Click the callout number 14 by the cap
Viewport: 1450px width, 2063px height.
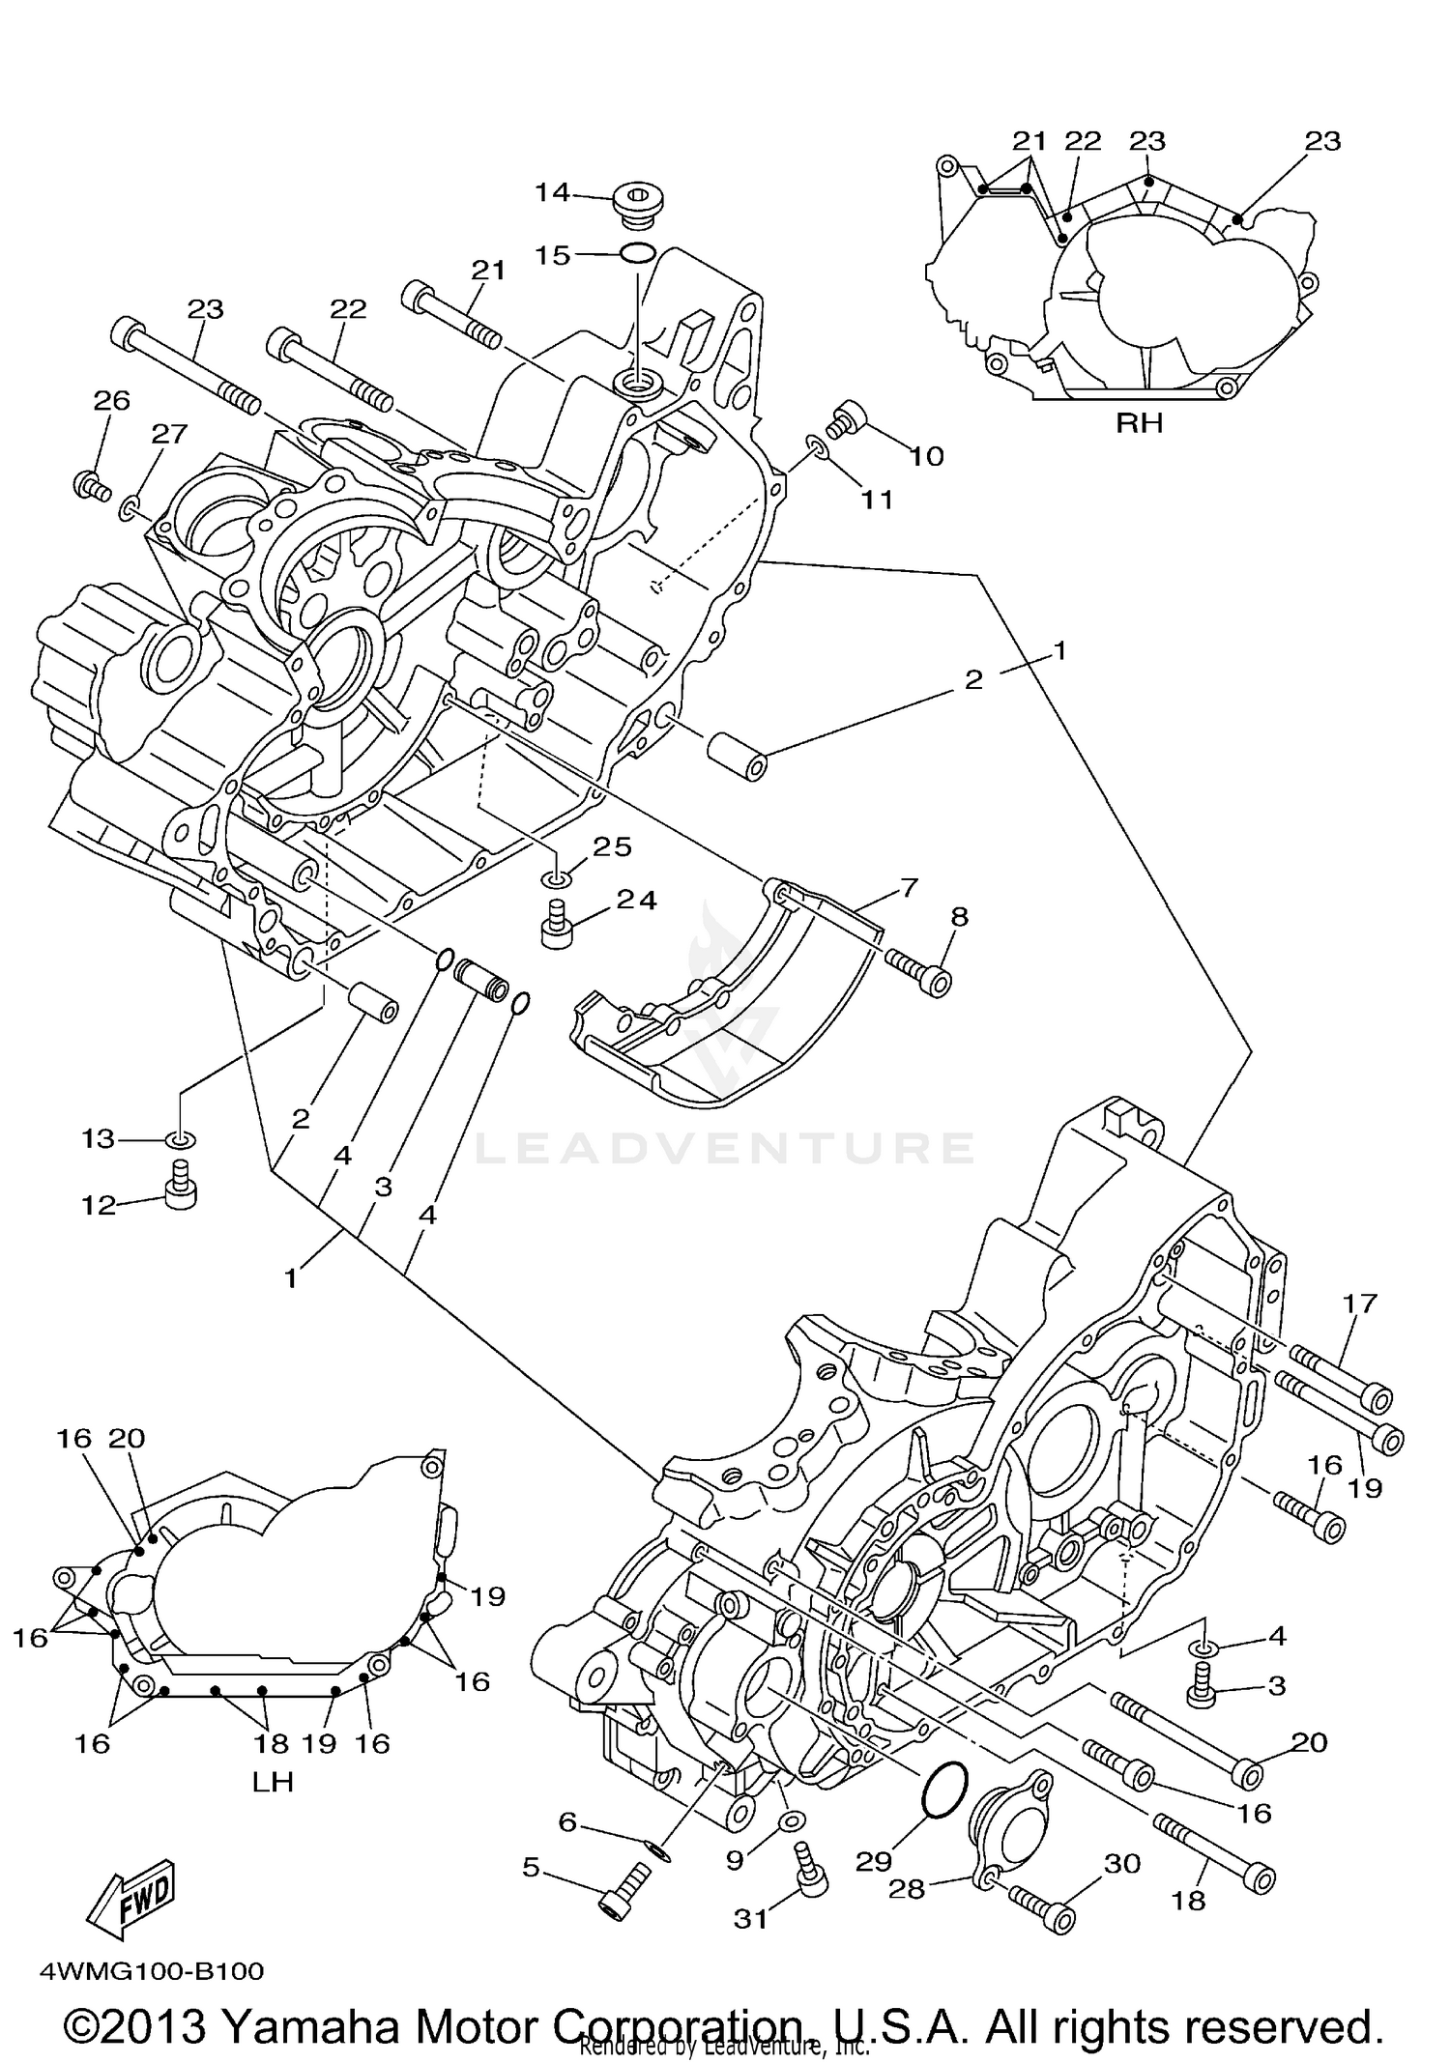(x=552, y=192)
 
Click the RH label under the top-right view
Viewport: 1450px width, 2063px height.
(x=1139, y=423)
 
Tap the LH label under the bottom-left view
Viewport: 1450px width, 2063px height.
(x=273, y=1781)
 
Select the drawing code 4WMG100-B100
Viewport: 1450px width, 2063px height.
(x=151, y=1971)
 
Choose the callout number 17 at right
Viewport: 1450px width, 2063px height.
(x=1358, y=1304)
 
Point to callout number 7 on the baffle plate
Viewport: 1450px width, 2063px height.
(x=909, y=886)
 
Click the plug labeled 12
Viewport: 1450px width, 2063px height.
(x=179, y=1189)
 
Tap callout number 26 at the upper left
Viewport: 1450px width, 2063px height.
(x=111, y=400)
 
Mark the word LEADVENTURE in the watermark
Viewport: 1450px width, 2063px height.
(x=725, y=1148)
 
